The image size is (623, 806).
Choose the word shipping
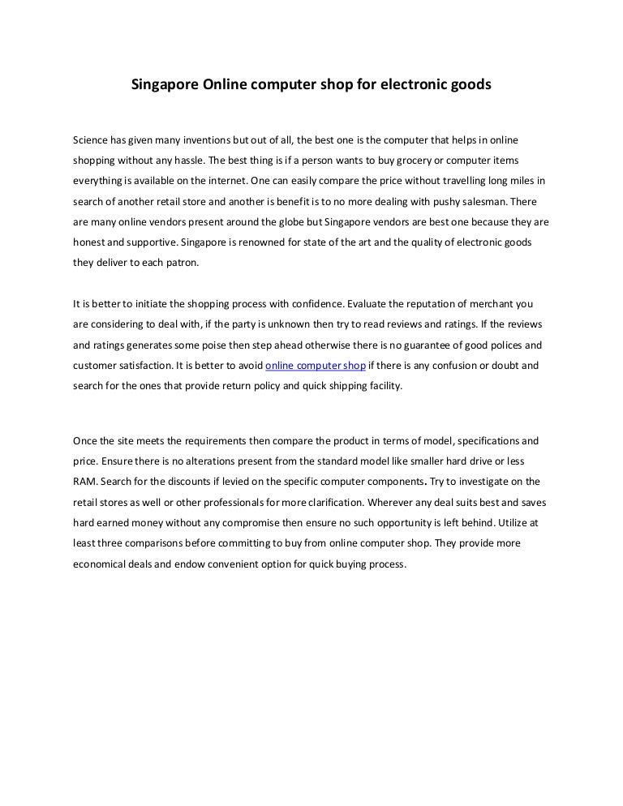(x=337, y=387)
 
